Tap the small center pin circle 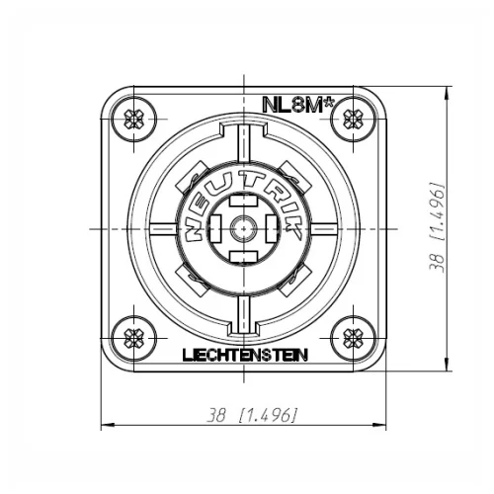[x=242, y=228]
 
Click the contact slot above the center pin [x=242, y=200]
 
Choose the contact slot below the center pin [x=242, y=258]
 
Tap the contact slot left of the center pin [x=213, y=228]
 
